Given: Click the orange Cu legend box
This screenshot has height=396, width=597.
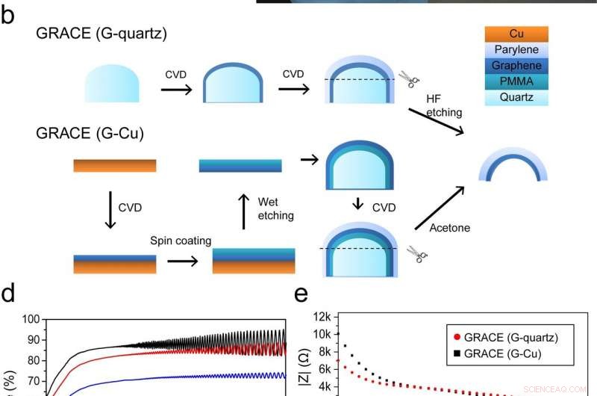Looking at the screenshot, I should (516, 34).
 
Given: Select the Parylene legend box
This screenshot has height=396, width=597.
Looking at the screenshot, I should (516, 49).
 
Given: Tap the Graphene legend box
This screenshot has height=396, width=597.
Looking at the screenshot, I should (516, 65).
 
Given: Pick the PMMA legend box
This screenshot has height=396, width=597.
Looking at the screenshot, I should (516, 81).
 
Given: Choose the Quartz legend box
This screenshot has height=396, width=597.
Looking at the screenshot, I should (516, 98).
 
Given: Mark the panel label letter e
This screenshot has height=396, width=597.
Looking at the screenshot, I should (301, 294).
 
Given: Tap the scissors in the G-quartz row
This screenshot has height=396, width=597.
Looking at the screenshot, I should (407, 79).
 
